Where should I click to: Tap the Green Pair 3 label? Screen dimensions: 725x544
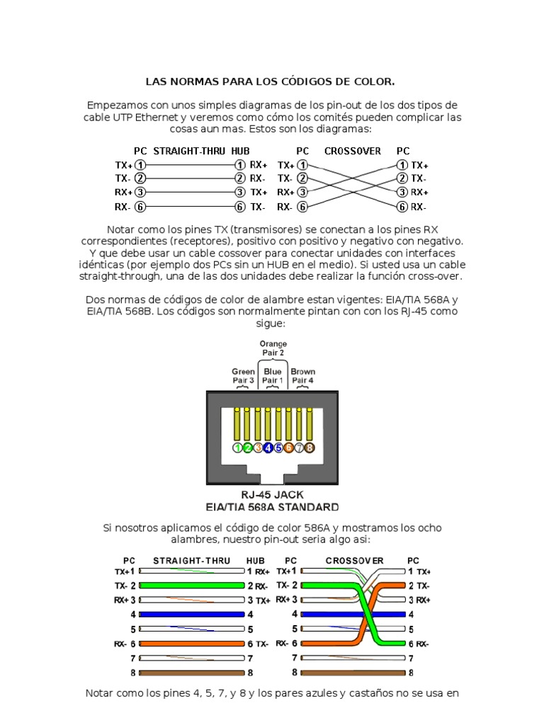[x=243, y=376]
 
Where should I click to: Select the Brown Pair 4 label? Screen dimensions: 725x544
[x=303, y=376]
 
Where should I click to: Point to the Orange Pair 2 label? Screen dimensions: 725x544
[x=273, y=348]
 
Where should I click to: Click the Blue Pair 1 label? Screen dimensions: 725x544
[x=273, y=376]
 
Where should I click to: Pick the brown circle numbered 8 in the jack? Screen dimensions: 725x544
[x=310, y=447]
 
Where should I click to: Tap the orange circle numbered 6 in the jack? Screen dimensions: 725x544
[x=289, y=447]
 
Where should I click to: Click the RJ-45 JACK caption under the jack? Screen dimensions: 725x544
[x=272, y=495]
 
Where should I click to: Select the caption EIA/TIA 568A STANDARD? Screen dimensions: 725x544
[x=272, y=507]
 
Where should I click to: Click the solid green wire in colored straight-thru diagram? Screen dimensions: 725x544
[x=193, y=586]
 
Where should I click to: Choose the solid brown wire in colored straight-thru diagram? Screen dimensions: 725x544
[x=193, y=672]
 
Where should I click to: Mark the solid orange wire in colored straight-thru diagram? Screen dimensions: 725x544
[x=193, y=644]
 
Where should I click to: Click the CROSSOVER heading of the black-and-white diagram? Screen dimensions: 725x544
[x=353, y=151]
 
